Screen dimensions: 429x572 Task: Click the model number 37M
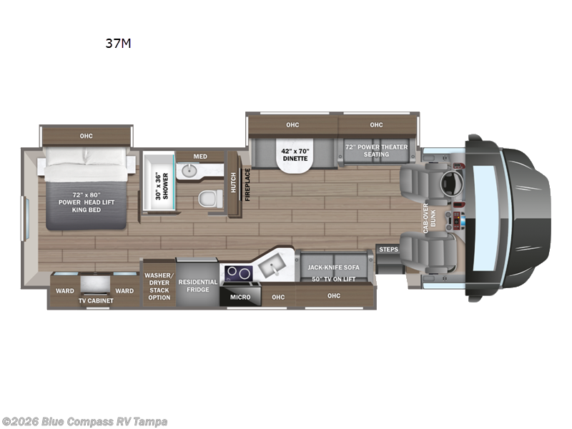click(x=118, y=43)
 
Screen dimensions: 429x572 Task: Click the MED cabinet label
click(x=200, y=156)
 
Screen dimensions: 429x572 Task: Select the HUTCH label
click(x=234, y=184)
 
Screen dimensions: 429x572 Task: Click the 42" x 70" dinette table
click(x=295, y=153)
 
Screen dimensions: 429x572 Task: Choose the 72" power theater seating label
click(x=376, y=149)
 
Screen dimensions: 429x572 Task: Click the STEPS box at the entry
click(x=388, y=250)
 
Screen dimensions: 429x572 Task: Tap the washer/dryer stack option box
click(x=158, y=285)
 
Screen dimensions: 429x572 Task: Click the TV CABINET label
click(x=96, y=301)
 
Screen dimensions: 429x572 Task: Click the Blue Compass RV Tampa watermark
click(x=85, y=421)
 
